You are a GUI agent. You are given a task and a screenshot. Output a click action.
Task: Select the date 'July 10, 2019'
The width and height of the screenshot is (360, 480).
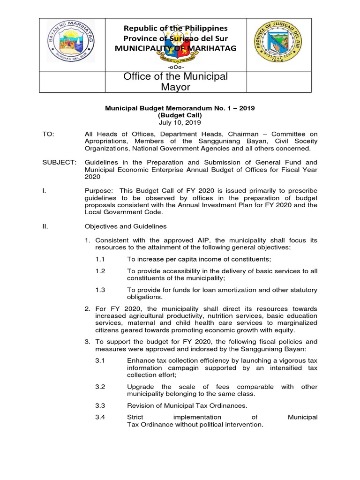[180, 123]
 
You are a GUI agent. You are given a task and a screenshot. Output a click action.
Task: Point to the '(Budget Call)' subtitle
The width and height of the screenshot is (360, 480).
[180, 115]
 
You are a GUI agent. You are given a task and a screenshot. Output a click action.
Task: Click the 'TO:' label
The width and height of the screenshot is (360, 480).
[48, 134]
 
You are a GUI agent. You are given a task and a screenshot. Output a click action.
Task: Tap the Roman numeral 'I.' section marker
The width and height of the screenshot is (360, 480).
[45, 190]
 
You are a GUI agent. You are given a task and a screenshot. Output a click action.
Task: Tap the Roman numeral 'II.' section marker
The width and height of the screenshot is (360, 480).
[46, 226]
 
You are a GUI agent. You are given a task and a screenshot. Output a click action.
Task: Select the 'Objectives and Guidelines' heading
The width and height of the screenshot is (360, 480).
[125, 226]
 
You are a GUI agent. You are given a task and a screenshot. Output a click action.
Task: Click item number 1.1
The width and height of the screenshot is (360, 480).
[100, 259]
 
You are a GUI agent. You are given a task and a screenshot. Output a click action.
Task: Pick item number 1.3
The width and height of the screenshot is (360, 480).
[100, 290]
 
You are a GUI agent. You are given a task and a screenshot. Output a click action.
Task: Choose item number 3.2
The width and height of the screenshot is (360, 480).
[100, 387]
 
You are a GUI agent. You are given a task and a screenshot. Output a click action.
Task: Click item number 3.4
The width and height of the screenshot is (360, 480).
[100, 417]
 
